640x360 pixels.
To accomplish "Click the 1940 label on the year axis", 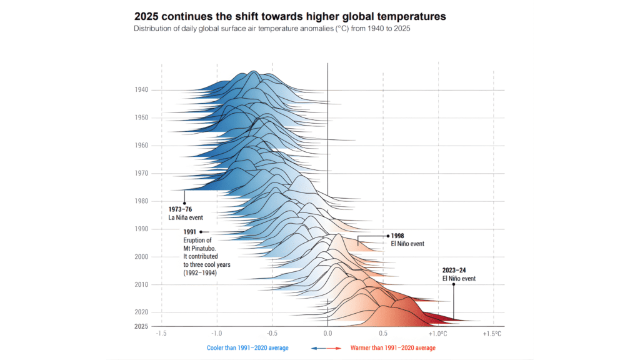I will pos(141,90).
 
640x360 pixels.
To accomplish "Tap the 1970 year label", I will pos(141,173).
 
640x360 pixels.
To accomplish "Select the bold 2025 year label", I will pos(141,326).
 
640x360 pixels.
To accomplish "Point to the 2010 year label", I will pos(141,284).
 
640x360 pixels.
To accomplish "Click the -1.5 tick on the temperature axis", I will pos(161,334).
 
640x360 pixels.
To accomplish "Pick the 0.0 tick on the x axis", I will pos(327,334).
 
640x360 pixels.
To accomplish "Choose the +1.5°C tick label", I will pos(492,334).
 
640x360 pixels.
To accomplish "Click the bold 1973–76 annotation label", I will pos(181,209).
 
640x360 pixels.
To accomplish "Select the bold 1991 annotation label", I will pos(190,232).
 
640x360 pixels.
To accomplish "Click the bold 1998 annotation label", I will pos(398,236).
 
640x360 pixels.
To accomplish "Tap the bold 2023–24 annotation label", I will pos(455,271).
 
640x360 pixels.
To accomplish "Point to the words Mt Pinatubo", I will pos(197,248).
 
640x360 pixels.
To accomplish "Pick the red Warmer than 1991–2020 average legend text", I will pos(393,348).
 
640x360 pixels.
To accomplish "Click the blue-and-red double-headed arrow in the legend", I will pos(326,348).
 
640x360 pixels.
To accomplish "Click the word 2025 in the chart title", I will pos(149,14).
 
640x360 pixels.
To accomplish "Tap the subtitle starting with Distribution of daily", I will pos(272,28).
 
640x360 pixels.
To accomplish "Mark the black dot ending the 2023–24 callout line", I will pos(454,284).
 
